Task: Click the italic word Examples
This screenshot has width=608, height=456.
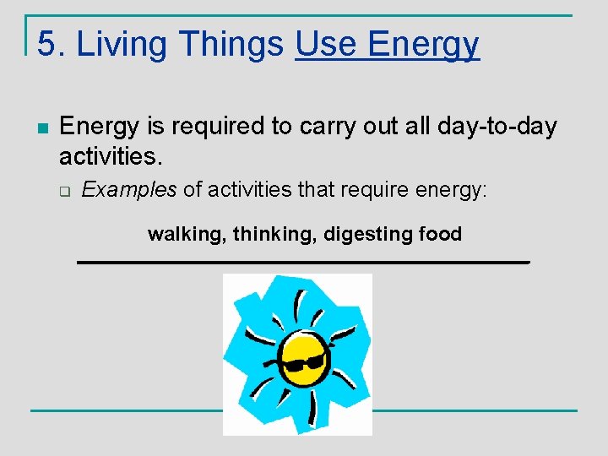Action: click(129, 190)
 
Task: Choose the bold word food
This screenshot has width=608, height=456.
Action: click(440, 234)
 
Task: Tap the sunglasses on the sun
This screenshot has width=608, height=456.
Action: click(303, 363)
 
